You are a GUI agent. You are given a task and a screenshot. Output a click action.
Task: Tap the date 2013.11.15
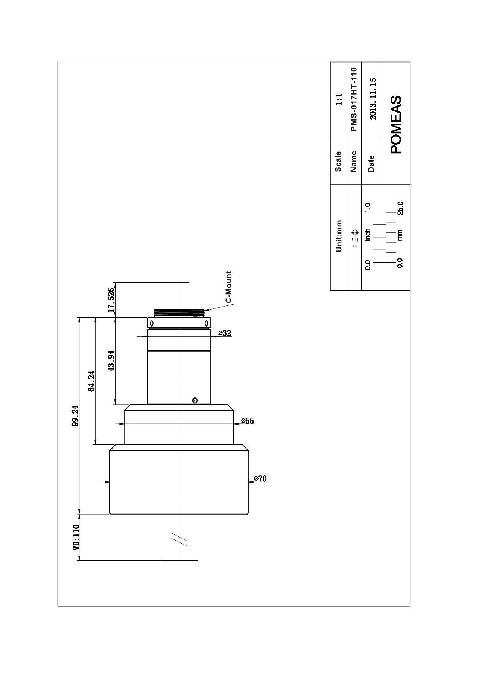(x=373, y=99)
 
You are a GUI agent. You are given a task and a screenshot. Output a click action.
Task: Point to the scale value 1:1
(x=339, y=99)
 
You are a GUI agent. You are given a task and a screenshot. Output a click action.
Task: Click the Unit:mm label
(x=339, y=236)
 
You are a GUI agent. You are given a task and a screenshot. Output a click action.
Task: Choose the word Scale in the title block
(x=338, y=161)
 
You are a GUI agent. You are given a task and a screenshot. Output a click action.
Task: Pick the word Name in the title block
(x=353, y=161)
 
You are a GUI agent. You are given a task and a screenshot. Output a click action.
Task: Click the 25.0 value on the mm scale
(x=401, y=208)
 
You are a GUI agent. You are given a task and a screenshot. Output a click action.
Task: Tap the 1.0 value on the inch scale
(x=368, y=208)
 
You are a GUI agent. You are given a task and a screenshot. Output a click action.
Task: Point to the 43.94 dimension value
(x=111, y=361)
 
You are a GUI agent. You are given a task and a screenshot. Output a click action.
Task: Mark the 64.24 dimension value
(x=91, y=381)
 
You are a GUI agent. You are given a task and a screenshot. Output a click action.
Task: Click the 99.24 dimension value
(x=75, y=415)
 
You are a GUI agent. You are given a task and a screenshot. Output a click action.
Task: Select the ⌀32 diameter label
(x=225, y=333)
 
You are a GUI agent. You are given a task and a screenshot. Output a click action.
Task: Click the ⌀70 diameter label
(x=260, y=479)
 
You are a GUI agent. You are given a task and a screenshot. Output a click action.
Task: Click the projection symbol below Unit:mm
(x=354, y=237)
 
